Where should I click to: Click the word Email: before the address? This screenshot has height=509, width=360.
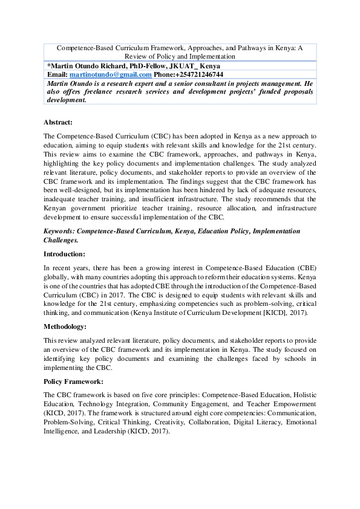[57, 74]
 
